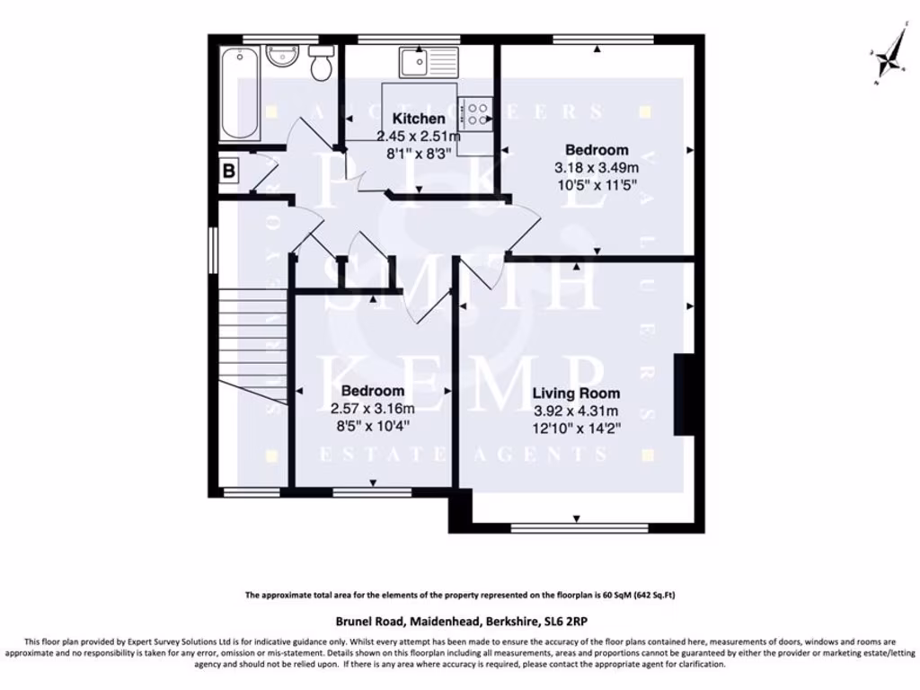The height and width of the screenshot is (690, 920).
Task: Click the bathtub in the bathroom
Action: [x=240, y=93]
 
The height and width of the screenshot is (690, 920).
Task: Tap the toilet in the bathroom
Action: [x=320, y=65]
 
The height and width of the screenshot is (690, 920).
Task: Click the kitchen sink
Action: [x=429, y=61]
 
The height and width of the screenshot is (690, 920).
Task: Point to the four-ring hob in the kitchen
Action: [x=475, y=112]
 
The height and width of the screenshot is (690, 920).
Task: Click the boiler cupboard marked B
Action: [x=229, y=169]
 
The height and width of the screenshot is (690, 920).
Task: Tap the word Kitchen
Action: [x=419, y=119]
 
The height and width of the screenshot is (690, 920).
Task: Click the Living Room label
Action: [x=576, y=394]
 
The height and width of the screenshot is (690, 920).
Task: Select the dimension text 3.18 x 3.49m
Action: [x=597, y=167]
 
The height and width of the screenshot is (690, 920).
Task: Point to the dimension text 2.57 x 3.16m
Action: [x=372, y=408]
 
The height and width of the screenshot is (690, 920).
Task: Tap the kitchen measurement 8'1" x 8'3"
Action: [x=419, y=153]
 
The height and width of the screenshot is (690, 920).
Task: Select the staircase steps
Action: [x=252, y=346]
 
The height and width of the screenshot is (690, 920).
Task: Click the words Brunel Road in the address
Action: [x=368, y=621]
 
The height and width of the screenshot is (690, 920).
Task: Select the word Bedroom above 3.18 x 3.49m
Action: [x=597, y=150]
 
